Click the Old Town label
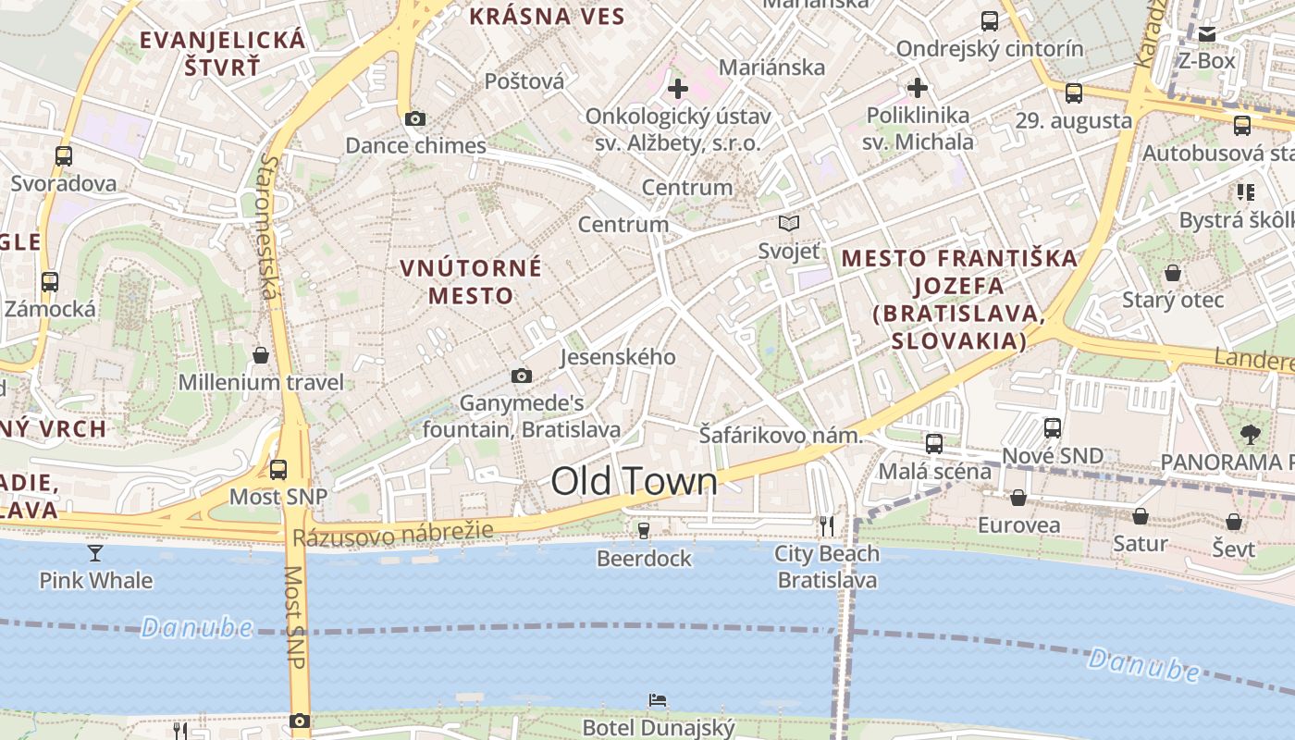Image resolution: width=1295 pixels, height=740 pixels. [634, 482]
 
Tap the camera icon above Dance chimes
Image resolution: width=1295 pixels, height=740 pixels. [415, 118]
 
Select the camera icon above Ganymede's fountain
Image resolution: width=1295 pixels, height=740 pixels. [522, 376]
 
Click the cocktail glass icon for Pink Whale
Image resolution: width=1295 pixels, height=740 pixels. [95, 553]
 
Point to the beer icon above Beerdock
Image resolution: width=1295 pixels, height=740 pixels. [644, 531]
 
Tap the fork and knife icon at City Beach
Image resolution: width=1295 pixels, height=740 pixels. [827, 525]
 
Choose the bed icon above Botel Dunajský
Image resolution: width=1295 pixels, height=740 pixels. [658, 700]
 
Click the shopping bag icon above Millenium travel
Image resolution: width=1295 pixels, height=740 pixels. [261, 355]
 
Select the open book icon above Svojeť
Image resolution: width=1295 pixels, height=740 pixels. [789, 223]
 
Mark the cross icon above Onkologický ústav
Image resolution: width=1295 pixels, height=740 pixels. [678, 89]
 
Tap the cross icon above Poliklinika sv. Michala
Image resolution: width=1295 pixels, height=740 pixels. [918, 88]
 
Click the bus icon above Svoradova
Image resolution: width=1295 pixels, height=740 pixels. [63, 155]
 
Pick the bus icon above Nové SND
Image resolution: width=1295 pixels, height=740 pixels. [1053, 427]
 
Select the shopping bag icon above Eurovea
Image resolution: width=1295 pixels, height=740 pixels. [1018, 498]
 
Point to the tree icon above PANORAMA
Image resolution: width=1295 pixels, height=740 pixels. [1251, 433]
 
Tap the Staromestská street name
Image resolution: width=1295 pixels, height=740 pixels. [268, 227]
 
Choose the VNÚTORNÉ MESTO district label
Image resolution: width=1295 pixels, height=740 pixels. [471, 281]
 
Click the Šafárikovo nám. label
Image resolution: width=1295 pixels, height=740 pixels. [781, 435]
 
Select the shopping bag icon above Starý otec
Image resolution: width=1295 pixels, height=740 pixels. [1173, 273]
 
